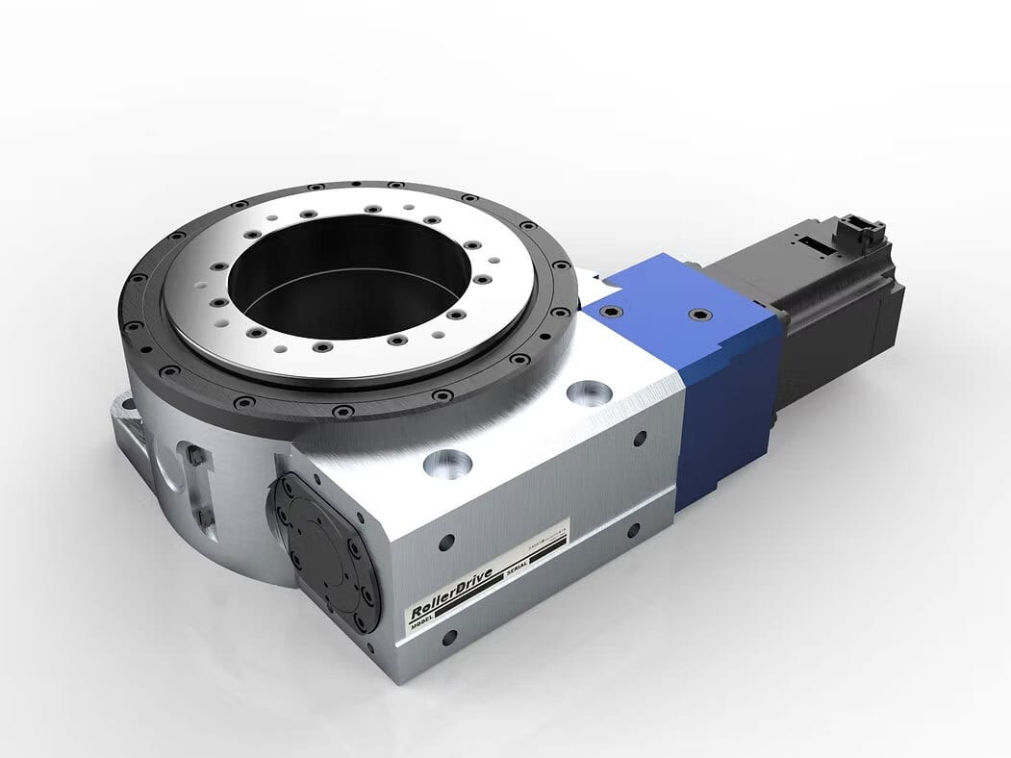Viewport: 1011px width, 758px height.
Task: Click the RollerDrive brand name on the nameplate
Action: click(x=451, y=593)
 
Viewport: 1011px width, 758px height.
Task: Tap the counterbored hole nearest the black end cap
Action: click(x=447, y=464)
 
